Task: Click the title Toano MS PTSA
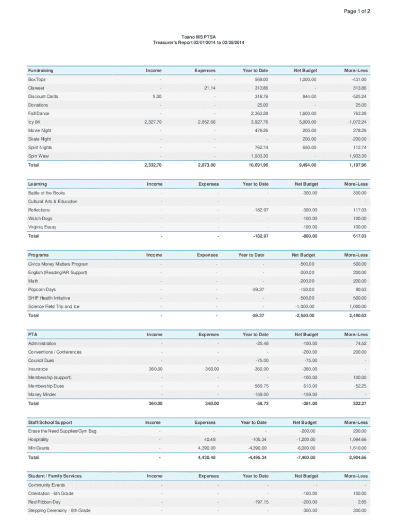click(x=198, y=37)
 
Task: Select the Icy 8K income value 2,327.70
click(x=153, y=122)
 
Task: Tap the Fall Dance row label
click(x=39, y=113)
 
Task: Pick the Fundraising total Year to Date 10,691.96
click(x=256, y=165)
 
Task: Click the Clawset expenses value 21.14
click(x=209, y=88)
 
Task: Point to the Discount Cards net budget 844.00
click(x=309, y=96)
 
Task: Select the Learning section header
click(x=38, y=184)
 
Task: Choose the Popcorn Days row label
click(x=42, y=290)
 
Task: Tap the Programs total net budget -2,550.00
click(x=304, y=315)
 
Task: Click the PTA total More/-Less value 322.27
click(x=357, y=403)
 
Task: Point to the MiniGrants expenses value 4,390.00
click(x=206, y=448)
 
